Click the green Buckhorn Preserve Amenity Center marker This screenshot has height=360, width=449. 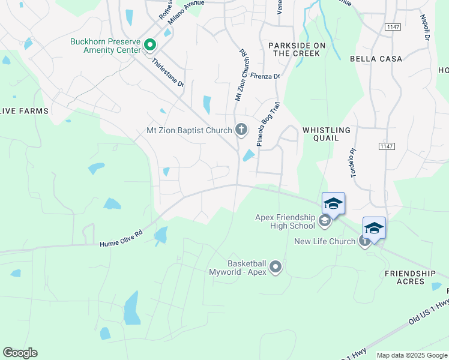150,45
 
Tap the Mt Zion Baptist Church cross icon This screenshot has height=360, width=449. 241,130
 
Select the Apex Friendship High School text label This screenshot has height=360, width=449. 285,221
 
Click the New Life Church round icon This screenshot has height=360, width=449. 364,241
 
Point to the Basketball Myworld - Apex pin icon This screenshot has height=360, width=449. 276,267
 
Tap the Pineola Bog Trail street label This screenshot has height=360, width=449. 268,124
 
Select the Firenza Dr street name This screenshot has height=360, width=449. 266,77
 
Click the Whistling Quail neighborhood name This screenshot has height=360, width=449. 327,134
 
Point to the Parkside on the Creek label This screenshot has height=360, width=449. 297,49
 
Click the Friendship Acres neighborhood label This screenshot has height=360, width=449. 411,277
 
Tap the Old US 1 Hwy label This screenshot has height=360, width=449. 428,313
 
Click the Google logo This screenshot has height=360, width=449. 20,353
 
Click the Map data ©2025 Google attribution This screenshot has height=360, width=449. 411,355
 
